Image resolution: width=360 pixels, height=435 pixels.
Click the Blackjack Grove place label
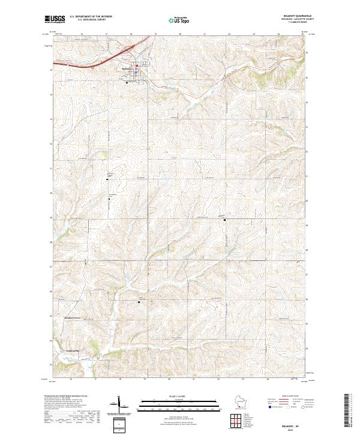(72, 318)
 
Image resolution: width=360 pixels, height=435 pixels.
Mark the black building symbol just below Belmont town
(127, 83)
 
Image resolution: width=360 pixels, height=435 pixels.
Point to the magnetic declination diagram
(118, 404)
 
